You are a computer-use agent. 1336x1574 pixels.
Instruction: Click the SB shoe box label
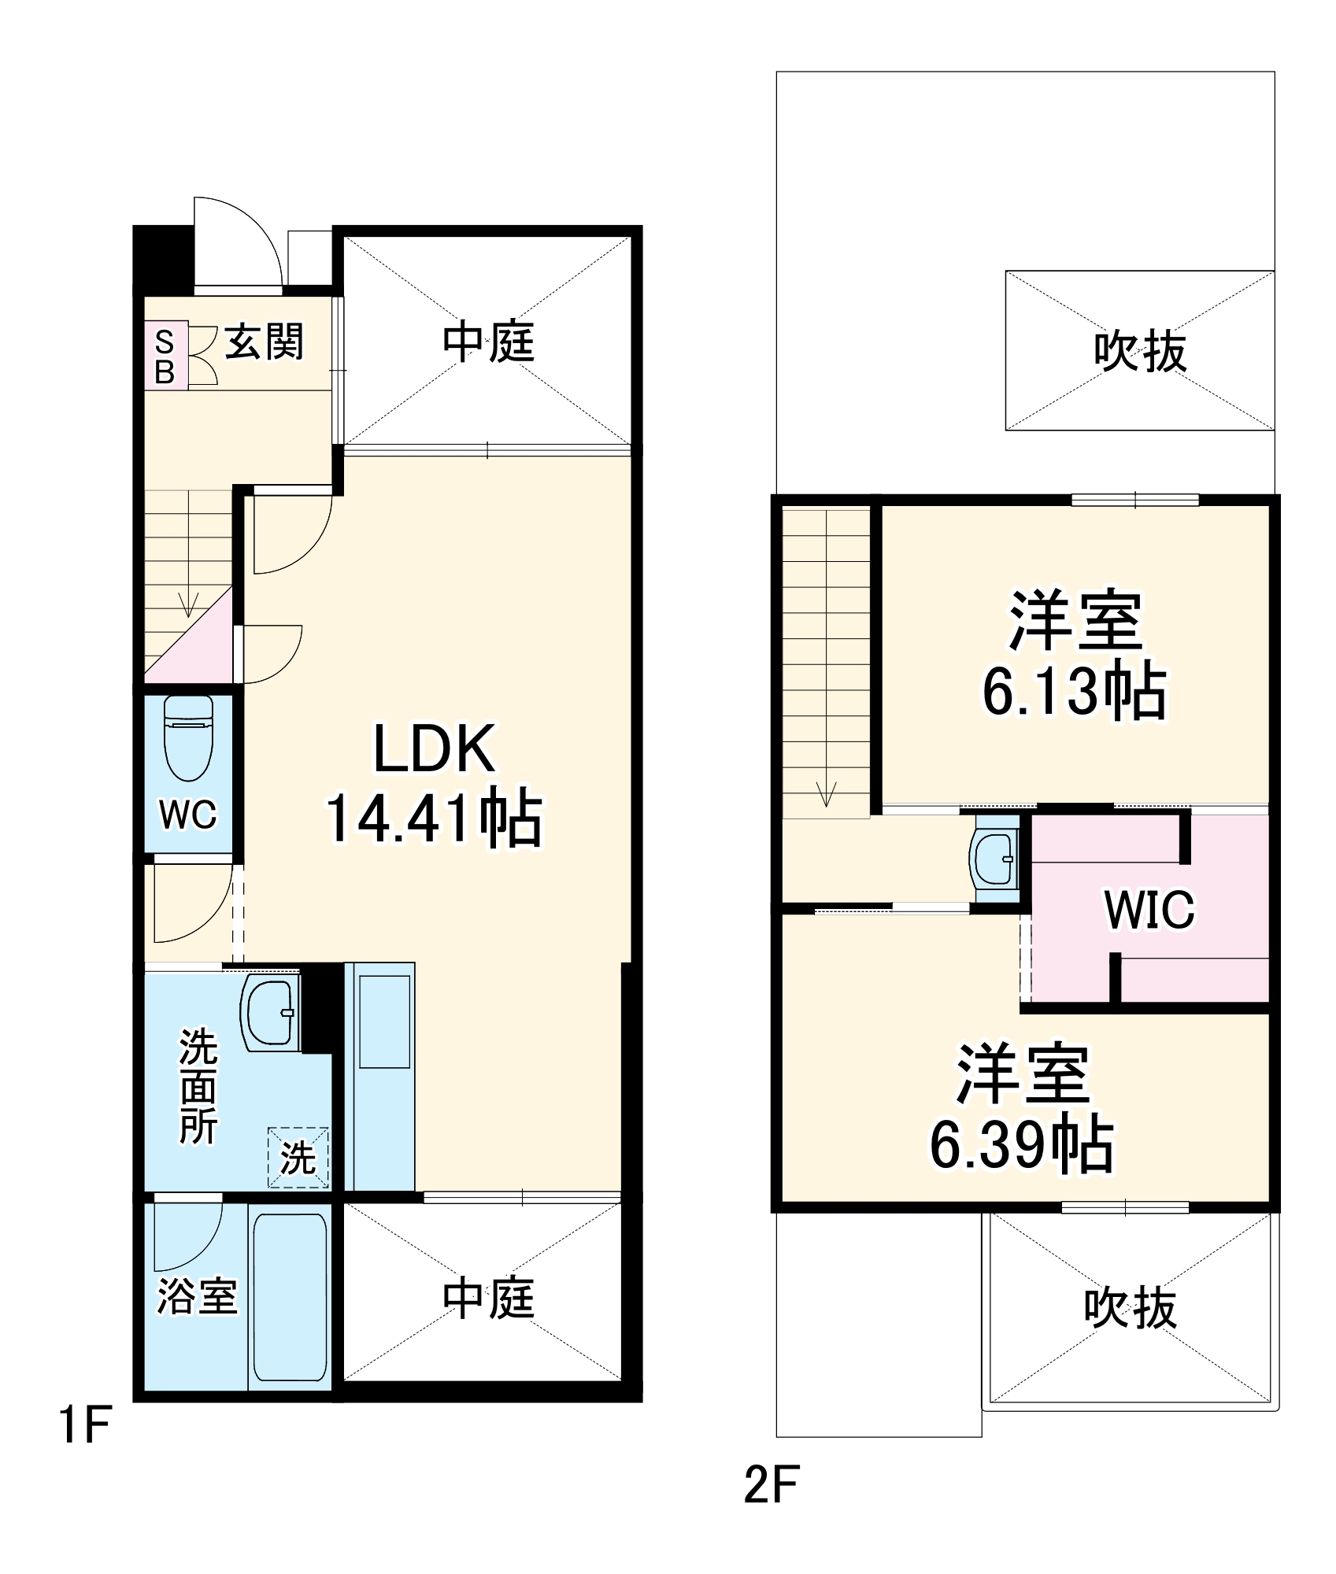pyautogui.click(x=165, y=356)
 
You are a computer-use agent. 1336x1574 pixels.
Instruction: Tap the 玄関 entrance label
pyautogui.click(x=265, y=343)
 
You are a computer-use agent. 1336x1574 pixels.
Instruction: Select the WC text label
pyautogui.click(x=187, y=815)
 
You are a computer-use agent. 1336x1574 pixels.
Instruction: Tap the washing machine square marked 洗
pyautogui.click(x=298, y=1158)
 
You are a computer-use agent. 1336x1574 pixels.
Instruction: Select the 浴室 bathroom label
pyautogui.click(x=197, y=1296)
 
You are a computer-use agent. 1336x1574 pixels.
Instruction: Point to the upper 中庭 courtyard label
pyautogui.click(x=488, y=343)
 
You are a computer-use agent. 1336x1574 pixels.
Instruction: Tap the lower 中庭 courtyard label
pyautogui.click(x=488, y=1298)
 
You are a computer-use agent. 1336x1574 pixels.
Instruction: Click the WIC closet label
pyautogui.click(x=1149, y=910)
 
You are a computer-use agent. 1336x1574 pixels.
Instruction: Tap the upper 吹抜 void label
pyautogui.click(x=1139, y=351)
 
